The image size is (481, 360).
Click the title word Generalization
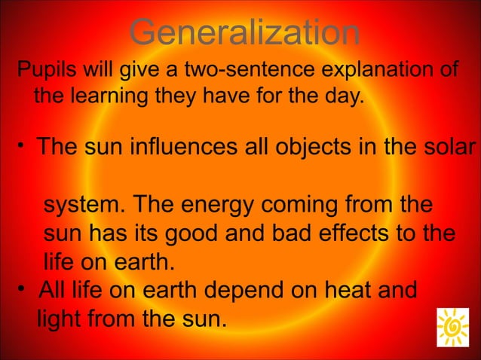point(243,33)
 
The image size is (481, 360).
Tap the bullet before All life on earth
point(25,288)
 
